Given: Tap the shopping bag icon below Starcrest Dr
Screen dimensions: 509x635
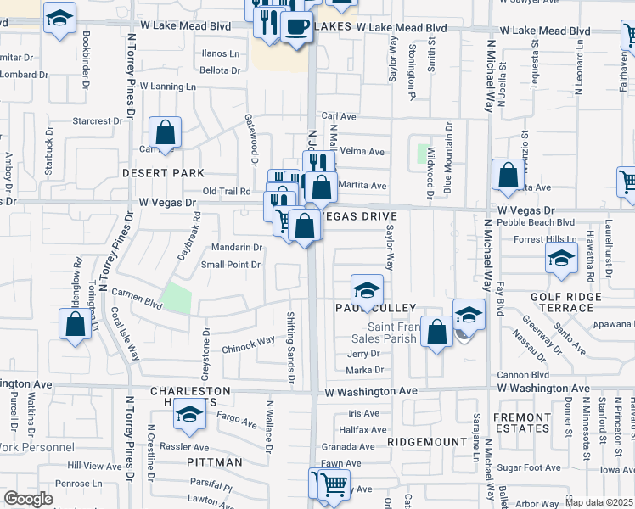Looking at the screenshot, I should point(165,134).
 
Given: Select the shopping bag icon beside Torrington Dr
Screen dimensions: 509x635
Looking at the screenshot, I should point(75,323).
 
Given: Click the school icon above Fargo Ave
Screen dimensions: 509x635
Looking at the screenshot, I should point(189,414).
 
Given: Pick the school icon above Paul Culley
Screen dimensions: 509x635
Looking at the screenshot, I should point(366,289).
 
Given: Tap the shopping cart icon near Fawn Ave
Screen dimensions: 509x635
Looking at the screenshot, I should point(334,484).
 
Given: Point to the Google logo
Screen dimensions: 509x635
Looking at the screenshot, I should point(28,499).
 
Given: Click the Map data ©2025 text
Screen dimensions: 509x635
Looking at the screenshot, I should point(599,502).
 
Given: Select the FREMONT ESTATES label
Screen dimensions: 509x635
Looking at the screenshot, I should point(523,423).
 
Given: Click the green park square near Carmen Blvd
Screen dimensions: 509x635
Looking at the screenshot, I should point(177,297).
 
